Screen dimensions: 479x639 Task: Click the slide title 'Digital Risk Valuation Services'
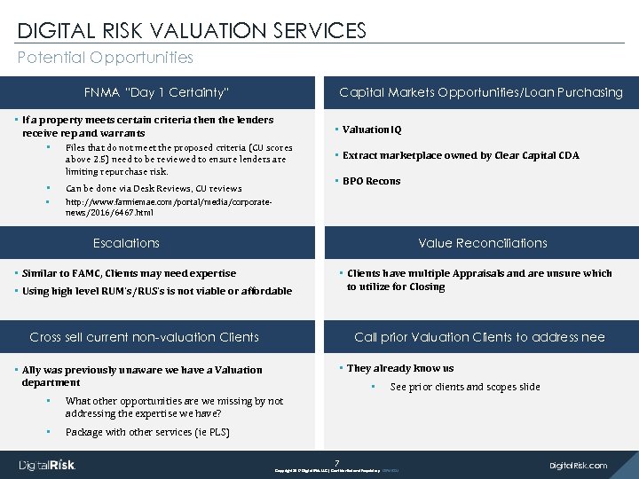pos(192,31)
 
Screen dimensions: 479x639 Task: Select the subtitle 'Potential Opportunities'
pos(106,58)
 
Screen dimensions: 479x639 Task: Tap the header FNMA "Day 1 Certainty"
pos(157,92)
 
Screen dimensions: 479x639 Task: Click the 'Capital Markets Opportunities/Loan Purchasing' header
pos(481,92)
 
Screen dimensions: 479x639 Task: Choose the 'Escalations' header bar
pos(126,243)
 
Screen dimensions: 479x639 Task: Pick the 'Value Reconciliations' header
pos(483,243)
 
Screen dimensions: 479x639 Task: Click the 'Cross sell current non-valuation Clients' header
pos(144,337)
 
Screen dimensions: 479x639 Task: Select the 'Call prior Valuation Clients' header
pos(479,337)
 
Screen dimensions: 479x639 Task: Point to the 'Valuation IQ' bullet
pos(372,130)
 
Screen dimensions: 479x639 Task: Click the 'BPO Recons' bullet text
pos(371,181)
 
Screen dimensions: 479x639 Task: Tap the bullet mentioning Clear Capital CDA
pos(460,155)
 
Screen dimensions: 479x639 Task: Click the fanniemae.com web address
pos(168,208)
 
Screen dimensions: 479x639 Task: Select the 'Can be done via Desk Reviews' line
pos(154,188)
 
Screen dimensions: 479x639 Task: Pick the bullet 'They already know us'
pos(400,368)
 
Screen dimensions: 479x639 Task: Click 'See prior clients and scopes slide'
pos(464,387)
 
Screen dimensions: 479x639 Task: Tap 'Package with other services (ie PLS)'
pos(147,432)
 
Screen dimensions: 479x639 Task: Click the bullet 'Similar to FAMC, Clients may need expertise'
pos(129,273)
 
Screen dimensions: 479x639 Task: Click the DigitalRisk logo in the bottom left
pos(48,465)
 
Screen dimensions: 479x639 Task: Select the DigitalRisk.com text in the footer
pos(579,465)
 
